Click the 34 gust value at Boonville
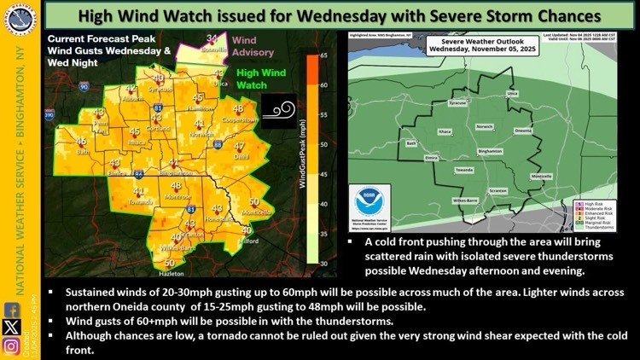pyautogui.click(x=212, y=38)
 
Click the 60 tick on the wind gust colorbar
pyautogui.click(x=324, y=85)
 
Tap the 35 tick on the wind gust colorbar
pyautogui.click(x=324, y=233)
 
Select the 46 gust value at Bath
pyautogui.click(x=81, y=142)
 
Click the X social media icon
pyautogui.click(x=10, y=326)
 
